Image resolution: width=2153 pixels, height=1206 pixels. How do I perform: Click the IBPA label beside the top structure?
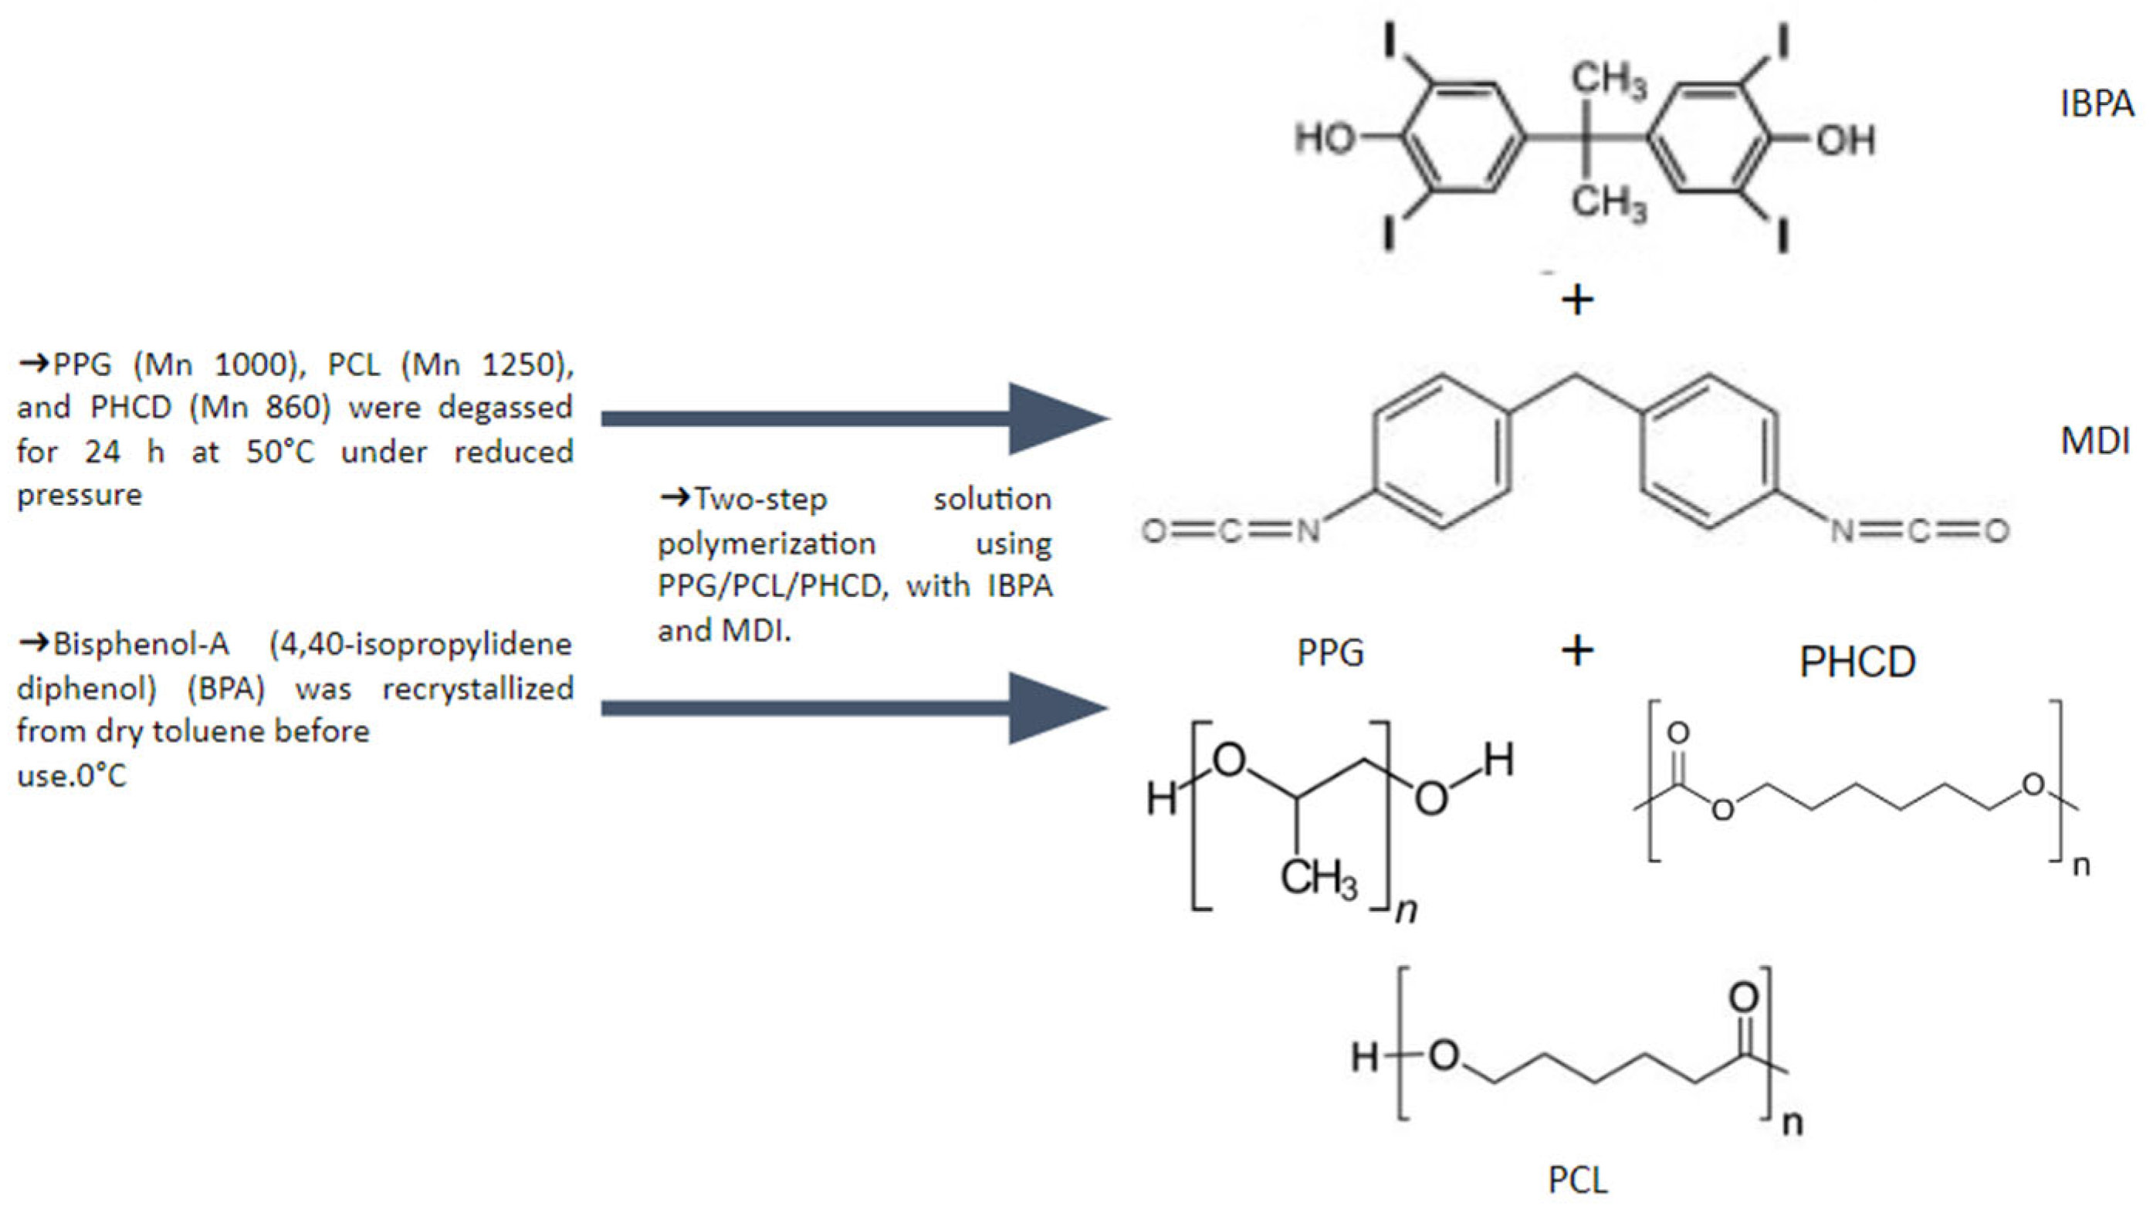click(x=2097, y=104)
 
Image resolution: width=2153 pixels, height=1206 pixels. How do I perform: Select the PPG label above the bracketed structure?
click(x=1330, y=652)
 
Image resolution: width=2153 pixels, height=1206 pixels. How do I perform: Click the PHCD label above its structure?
click(x=1857, y=662)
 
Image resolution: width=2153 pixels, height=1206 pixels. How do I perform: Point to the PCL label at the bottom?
click(x=1577, y=1179)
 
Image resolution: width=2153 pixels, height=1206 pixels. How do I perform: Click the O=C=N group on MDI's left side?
click(x=1231, y=530)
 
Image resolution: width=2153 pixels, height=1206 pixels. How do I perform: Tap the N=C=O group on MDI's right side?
click(x=1920, y=530)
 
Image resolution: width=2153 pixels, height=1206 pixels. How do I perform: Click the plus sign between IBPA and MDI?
click(x=1577, y=300)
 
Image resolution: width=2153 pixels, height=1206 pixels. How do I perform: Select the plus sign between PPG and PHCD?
click(x=1577, y=649)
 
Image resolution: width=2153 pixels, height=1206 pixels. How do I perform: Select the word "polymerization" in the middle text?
click(x=767, y=544)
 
